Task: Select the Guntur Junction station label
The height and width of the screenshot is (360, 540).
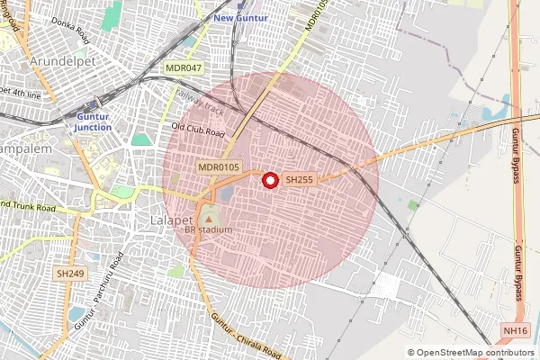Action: (x=94, y=121)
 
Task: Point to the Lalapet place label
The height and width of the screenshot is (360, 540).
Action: (x=168, y=219)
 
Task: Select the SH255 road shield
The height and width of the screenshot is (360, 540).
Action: (x=299, y=180)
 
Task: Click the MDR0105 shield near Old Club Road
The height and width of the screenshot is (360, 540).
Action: (x=219, y=167)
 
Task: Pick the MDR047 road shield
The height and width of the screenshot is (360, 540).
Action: (x=184, y=68)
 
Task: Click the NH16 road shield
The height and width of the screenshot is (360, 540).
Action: (x=515, y=330)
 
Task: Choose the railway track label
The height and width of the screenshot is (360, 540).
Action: (x=199, y=102)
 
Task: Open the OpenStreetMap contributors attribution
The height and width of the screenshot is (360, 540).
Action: (x=472, y=352)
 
